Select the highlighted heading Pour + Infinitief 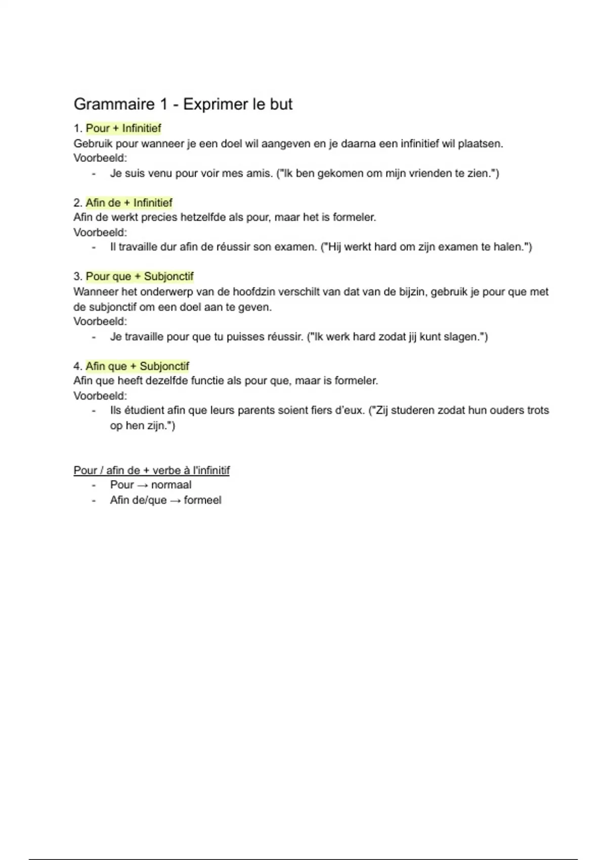coord(123,128)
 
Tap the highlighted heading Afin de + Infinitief coord(129,203)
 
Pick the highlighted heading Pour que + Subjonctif coord(140,277)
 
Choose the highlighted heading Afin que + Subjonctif coord(137,366)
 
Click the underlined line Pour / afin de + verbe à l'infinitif coord(151,470)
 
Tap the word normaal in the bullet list coord(171,485)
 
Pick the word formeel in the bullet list coord(202,500)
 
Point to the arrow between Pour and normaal coord(142,485)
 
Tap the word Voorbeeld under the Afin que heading coord(99,396)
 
